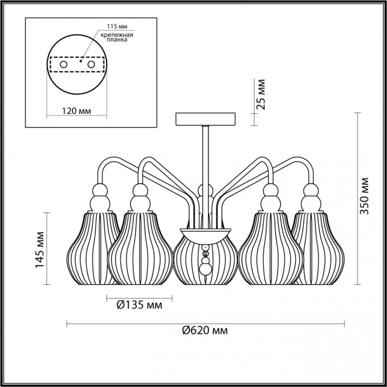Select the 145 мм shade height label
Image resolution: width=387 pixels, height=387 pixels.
point(38,248)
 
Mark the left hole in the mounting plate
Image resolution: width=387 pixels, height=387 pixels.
point(63,64)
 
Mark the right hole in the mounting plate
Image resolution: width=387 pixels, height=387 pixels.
point(92,64)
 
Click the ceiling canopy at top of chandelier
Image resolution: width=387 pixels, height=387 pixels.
point(205,119)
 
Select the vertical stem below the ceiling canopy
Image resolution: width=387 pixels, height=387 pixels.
point(205,155)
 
